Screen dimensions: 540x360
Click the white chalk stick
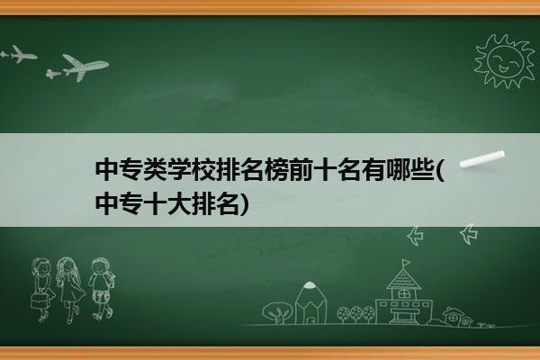pos(482,159)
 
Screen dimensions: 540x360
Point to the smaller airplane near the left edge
pos(19,54)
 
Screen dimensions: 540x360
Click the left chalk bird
pos(415,236)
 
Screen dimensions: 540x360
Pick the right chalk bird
pos(469,234)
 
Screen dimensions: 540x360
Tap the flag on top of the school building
pos(406,263)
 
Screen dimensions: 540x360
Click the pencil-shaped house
pos(310,302)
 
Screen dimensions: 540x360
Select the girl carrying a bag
pos(41,289)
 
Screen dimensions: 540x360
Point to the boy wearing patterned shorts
pos(102,288)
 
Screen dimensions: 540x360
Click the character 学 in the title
pos(179,170)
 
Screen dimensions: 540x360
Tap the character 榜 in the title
pos(276,170)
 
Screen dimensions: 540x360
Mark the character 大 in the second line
pos(179,204)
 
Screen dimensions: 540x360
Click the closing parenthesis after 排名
pos(244,204)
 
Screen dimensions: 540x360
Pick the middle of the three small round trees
pos(355,313)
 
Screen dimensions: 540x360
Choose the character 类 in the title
pos(156,170)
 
